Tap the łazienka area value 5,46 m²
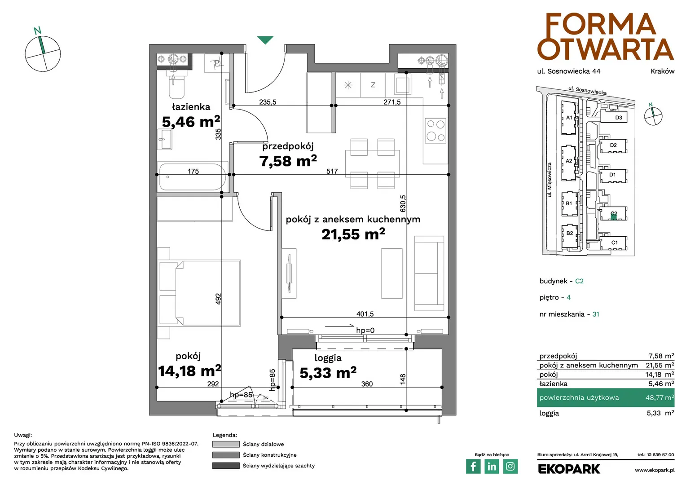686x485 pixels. coord(191,122)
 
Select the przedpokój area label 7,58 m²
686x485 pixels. coord(288,161)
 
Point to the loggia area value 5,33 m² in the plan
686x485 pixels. coord(328,373)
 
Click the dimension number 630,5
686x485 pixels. coord(403,203)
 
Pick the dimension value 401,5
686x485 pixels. coord(365,314)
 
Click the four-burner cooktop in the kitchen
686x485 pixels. coord(436,131)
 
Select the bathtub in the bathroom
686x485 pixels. coord(193,177)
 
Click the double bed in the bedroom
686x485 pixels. coord(199,293)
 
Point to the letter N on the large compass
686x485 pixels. coord(37,31)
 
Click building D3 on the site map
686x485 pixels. coord(614,117)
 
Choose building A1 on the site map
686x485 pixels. coord(569,118)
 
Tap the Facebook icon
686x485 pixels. coord(473,466)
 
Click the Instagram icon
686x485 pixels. coord(510,466)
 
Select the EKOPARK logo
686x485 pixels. coord(569,469)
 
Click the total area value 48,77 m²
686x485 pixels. coord(660,398)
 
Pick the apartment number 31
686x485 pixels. coord(596,314)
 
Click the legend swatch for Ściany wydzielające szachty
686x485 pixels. coord(226,466)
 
